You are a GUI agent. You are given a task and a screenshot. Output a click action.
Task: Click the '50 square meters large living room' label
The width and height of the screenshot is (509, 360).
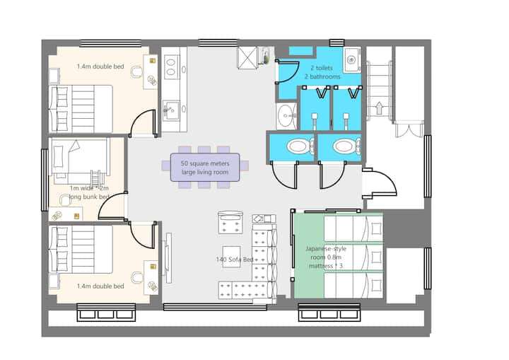click(205, 168)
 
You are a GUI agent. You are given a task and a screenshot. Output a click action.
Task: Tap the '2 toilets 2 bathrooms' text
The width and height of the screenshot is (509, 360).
click(322, 72)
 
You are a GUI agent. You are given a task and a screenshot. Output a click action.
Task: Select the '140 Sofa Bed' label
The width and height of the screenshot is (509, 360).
click(235, 260)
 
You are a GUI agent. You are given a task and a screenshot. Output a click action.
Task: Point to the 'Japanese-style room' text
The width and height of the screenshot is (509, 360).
click(326, 252)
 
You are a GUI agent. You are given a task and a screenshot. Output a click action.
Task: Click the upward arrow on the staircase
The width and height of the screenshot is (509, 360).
click(379, 108)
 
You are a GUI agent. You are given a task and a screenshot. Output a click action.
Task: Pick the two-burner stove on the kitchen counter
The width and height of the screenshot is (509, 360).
click(171, 67)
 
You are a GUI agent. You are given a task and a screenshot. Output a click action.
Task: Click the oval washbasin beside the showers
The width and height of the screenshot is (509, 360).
click(286, 116)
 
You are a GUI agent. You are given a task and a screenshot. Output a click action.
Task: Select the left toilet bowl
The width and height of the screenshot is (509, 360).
click(298, 146)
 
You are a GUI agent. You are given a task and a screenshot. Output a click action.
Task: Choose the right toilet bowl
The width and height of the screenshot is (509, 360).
click(345, 146)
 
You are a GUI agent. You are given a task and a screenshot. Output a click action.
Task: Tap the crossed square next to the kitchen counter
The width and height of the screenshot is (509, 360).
click(247, 59)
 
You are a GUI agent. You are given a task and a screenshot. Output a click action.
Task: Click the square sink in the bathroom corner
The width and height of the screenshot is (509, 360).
click(352, 60)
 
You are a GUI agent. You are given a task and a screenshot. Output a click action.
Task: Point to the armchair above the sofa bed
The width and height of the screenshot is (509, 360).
click(230, 222)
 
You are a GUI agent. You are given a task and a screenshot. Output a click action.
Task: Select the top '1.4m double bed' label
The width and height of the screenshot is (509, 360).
click(100, 66)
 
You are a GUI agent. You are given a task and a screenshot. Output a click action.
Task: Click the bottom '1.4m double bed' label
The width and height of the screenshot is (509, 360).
click(100, 286)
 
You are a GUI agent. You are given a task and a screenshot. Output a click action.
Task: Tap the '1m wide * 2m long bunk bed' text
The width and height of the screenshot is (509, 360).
click(89, 192)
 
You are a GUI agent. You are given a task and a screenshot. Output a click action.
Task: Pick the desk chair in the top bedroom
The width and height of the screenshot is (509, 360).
click(136, 72)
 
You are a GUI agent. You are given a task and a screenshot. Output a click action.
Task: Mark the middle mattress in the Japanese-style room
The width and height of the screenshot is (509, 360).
click(353, 257)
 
